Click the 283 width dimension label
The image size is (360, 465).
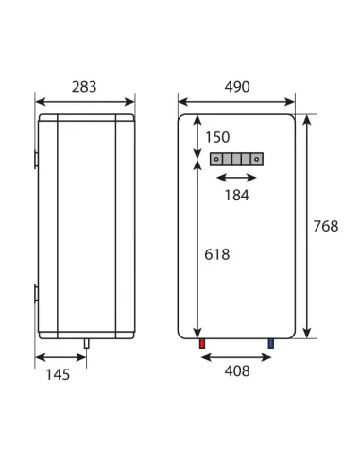point(84,87)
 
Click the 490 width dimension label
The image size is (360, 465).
point(237,87)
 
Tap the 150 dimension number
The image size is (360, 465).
point(217,137)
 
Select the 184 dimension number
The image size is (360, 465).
point(237,196)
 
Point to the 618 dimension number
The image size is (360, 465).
point(217,254)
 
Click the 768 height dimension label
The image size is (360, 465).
point(326,226)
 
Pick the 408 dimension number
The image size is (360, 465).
point(237,371)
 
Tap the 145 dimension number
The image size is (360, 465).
point(58,375)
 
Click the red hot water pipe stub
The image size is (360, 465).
point(202,343)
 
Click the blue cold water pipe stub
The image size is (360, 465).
point(271,343)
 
